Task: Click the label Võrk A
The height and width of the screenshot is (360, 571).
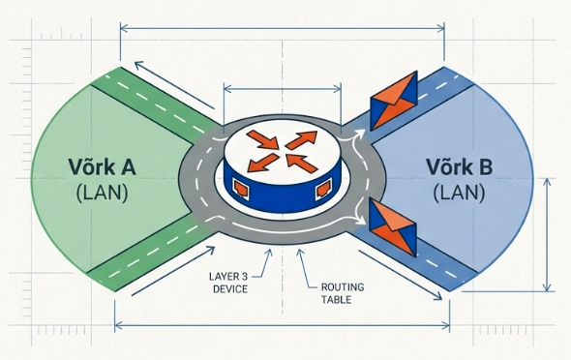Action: (x=102, y=167)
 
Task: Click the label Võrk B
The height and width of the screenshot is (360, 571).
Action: (x=459, y=167)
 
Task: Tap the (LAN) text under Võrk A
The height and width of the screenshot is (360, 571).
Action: (x=103, y=193)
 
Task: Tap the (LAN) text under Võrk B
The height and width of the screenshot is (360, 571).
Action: (x=459, y=193)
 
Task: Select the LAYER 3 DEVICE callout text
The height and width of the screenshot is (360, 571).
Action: (x=228, y=283)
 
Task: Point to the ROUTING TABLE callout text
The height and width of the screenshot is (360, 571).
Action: (x=343, y=293)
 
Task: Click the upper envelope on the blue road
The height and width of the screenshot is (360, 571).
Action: (x=393, y=101)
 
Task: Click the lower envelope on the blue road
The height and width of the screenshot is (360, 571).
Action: (x=393, y=227)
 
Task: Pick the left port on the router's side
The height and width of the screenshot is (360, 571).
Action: (x=241, y=190)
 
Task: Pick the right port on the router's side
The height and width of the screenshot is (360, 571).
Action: (x=323, y=190)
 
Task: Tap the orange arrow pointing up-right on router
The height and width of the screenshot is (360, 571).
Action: (x=301, y=139)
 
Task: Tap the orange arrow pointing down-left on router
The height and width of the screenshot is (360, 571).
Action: (x=263, y=163)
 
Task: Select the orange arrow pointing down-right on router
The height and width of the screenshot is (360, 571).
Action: (x=262, y=139)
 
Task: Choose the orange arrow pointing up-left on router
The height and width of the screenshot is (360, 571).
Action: (x=302, y=164)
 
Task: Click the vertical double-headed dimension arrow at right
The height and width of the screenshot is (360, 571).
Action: (x=547, y=235)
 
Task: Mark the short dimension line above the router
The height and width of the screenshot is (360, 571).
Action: (x=283, y=88)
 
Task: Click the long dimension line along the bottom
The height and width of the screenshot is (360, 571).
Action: (x=283, y=326)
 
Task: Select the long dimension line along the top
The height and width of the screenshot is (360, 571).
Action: (x=283, y=28)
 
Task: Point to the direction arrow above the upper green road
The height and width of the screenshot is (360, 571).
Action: (x=174, y=85)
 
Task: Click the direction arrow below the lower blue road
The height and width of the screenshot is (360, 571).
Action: (x=401, y=275)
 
